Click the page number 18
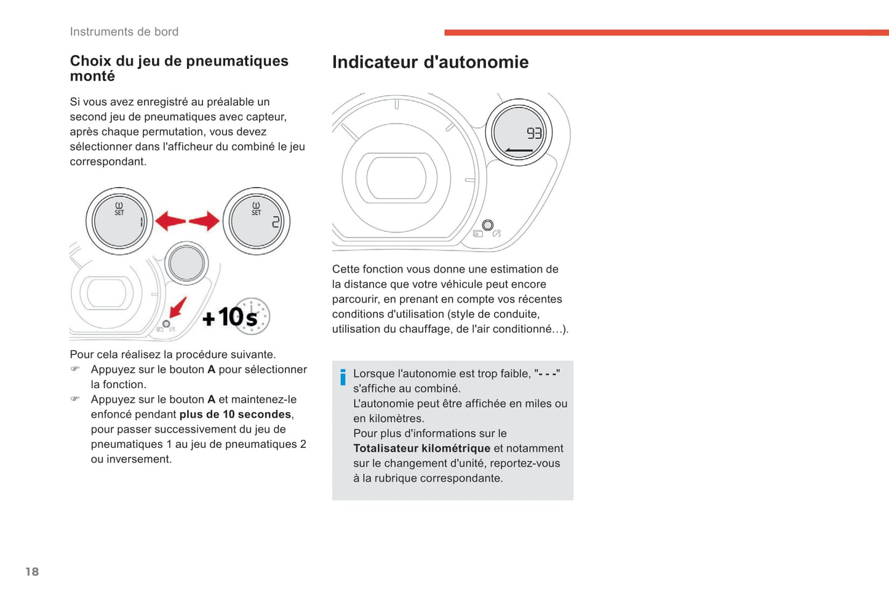32,571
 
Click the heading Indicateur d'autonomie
430,62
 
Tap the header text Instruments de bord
124,31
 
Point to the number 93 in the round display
534,133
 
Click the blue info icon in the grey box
343,376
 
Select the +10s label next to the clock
229,317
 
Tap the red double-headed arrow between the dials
187,221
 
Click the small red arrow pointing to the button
178,306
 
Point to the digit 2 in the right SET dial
276,221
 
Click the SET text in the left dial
119,213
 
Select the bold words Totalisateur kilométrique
421,448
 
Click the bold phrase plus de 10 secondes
235,415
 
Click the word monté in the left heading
92,76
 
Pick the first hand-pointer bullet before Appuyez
75,369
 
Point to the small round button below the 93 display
488,225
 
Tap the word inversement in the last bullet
139,460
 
